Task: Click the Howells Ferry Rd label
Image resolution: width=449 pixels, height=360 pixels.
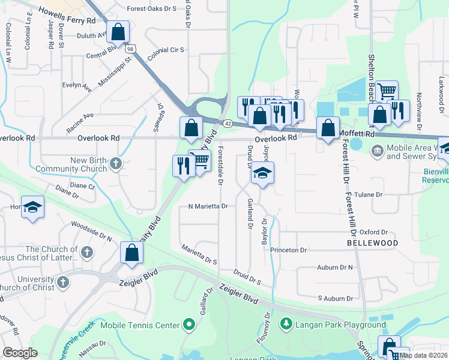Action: click(67, 16)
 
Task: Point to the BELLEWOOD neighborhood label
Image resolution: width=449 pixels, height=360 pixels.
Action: click(372, 243)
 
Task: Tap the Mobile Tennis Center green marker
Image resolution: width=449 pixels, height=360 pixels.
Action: click(189, 325)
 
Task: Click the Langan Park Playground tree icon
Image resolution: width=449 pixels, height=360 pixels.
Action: click(286, 325)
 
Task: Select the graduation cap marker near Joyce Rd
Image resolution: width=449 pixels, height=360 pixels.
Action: click(262, 173)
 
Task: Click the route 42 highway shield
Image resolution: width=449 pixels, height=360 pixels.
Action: click(228, 123)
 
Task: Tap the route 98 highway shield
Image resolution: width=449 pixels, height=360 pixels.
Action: click(130, 48)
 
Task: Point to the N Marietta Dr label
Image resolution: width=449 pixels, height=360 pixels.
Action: click(208, 206)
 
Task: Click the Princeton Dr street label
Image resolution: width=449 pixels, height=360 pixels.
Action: click(288, 250)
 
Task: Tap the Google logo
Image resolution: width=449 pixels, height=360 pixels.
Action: click(20, 353)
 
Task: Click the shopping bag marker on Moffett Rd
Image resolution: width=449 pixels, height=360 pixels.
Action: click(328, 128)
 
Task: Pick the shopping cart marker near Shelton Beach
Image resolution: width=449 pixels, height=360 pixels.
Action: click(387, 91)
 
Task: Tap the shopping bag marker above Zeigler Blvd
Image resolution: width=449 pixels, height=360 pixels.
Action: click(131, 253)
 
